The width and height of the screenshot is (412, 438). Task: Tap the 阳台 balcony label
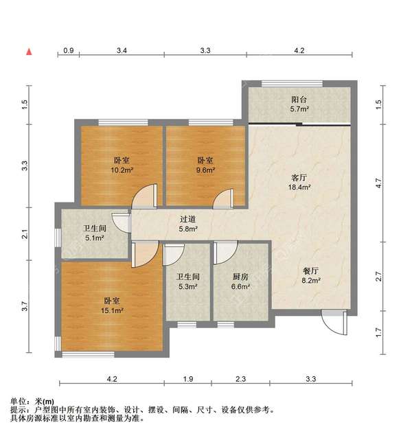[x=299, y=99]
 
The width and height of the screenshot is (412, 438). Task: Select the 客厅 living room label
[x=299, y=176]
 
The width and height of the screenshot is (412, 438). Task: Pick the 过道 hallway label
[x=189, y=220]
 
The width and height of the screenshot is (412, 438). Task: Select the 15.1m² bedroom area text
[x=113, y=310]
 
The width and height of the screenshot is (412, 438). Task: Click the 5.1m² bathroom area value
[x=94, y=238]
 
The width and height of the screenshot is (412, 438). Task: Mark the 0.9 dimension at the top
[x=69, y=51]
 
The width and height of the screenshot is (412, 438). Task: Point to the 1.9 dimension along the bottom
[x=188, y=379]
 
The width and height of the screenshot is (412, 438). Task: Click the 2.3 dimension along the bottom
[x=240, y=379]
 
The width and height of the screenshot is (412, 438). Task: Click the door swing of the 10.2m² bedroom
[x=144, y=198]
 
